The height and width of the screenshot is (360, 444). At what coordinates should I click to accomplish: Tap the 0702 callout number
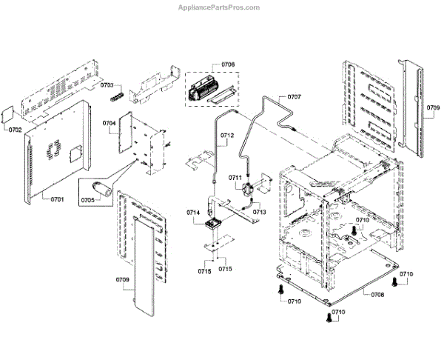(16, 130)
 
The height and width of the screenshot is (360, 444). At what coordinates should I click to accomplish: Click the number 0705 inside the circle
(87, 201)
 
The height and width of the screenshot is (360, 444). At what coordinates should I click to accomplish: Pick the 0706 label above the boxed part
(227, 65)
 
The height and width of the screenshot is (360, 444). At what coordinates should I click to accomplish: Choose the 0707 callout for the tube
(294, 97)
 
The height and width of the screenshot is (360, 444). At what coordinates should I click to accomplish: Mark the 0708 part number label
(377, 295)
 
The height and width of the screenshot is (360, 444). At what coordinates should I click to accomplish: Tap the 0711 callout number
(235, 177)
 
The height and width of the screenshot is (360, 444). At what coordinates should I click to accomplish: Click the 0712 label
(226, 136)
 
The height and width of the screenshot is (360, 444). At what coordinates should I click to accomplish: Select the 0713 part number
(259, 212)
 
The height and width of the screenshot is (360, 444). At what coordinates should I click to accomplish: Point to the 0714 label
(193, 213)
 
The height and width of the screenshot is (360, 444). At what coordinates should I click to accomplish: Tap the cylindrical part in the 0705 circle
(103, 189)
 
